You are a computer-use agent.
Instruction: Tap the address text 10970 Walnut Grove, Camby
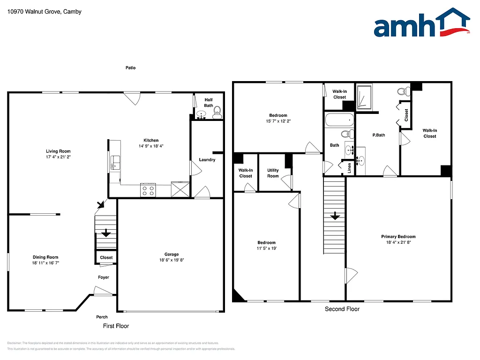(45, 12)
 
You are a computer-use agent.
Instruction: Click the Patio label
(130, 68)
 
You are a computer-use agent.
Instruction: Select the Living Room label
(58, 151)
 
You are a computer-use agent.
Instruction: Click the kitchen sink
(114, 163)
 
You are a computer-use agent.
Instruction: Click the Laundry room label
(207, 160)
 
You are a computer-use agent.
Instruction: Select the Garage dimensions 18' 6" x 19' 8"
(172, 260)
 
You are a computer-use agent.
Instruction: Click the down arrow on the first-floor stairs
(106, 232)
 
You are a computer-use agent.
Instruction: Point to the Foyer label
(104, 277)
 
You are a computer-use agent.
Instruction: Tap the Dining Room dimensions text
(45, 263)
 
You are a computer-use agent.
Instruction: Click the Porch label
(102, 317)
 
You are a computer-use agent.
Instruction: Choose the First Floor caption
(116, 326)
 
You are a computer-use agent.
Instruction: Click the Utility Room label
(273, 173)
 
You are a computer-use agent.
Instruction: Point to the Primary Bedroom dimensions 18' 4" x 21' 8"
(398, 242)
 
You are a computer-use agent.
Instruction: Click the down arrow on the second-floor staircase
(335, 216)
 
